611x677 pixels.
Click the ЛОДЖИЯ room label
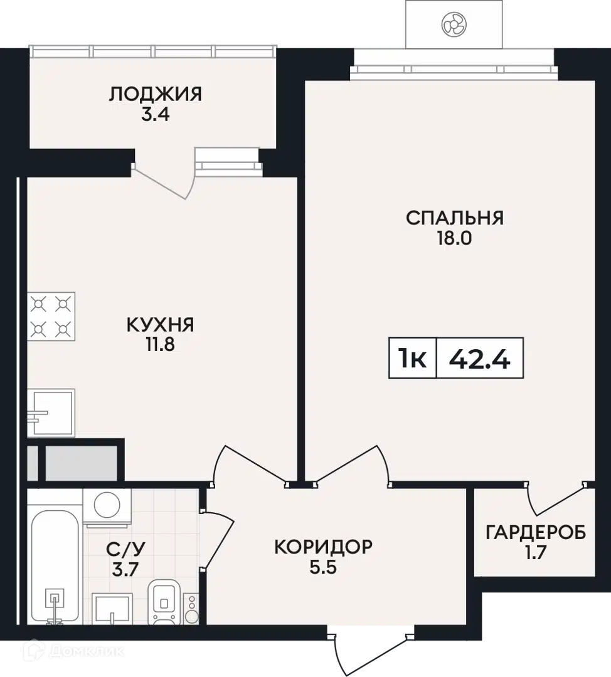155,93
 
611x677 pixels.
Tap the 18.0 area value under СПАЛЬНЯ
455,238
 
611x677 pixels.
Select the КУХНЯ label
161,325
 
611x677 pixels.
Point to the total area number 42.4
480,359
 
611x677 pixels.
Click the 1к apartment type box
413,359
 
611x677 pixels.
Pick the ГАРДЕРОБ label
536,532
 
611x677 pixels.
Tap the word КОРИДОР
323,547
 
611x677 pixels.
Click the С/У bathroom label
125,549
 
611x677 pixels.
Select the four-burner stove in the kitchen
51,317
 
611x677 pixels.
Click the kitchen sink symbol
51,412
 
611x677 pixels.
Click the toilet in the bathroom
164,602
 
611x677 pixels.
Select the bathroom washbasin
112,609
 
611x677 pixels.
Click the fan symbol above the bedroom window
454,24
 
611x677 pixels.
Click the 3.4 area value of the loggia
156,115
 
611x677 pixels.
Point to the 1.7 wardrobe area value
536,553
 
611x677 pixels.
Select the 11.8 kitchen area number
161,345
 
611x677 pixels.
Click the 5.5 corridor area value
323,567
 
